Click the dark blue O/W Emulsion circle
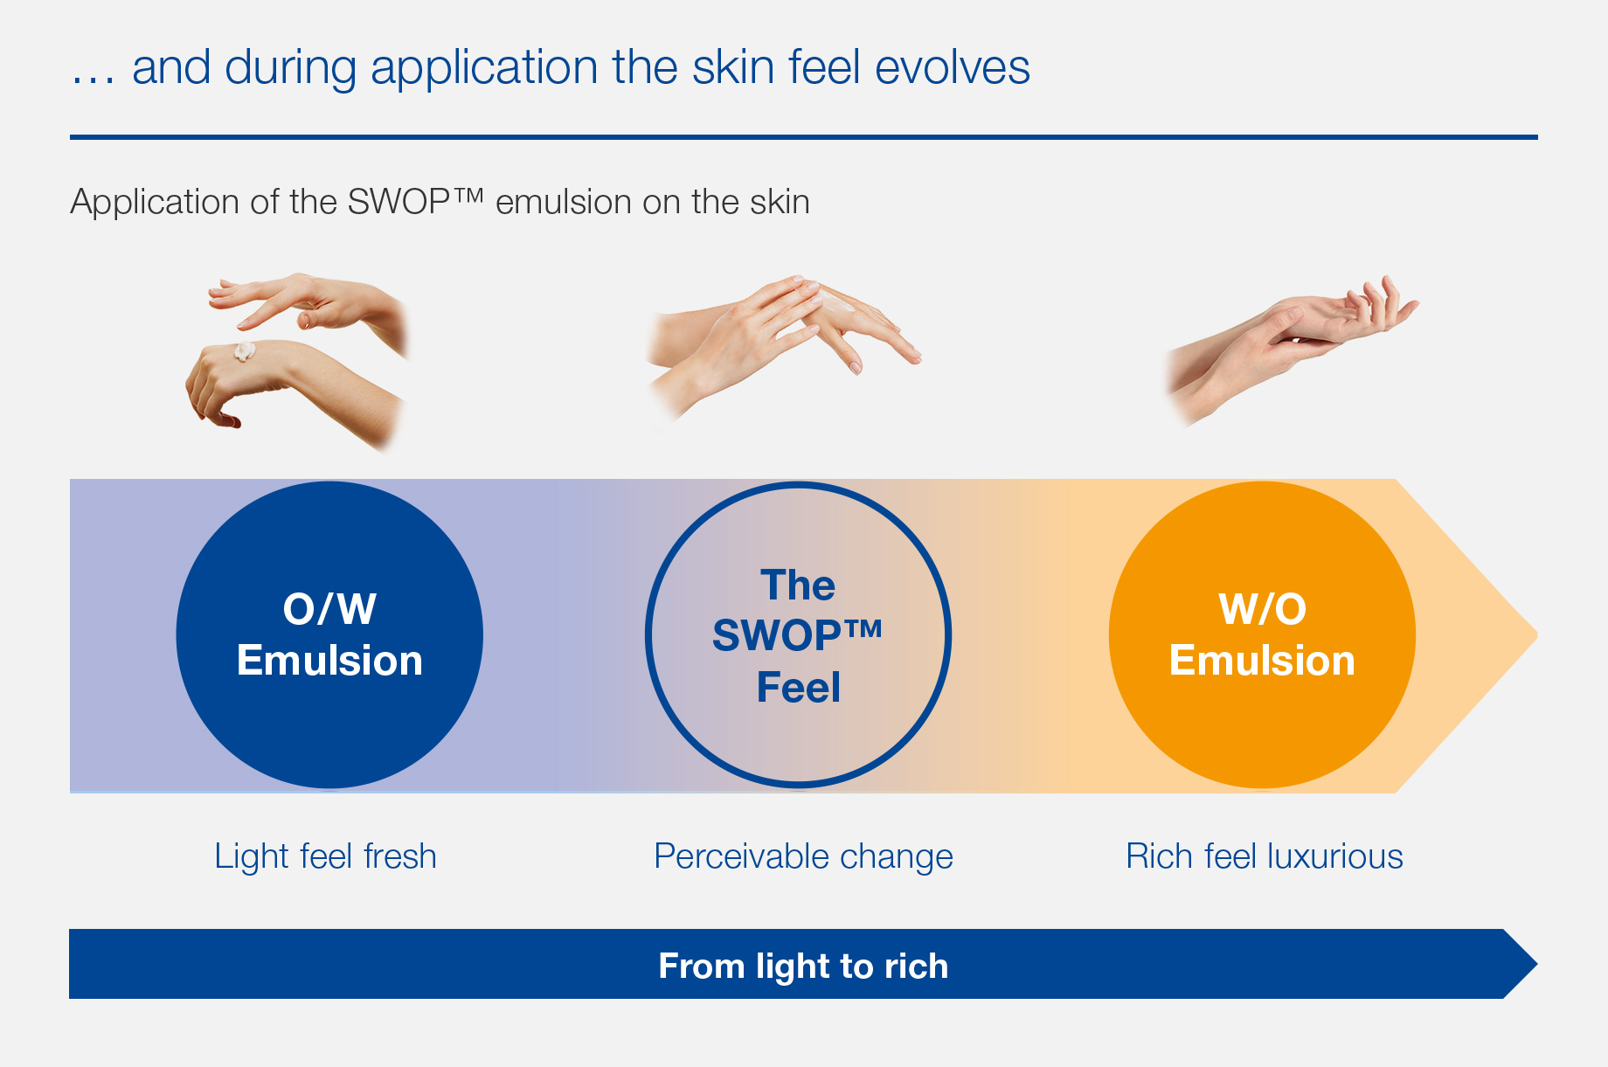329,634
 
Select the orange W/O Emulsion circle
1262,634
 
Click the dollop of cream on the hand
243,351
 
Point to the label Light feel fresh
325,856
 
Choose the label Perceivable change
803,856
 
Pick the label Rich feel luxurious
1264,856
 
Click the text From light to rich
803,966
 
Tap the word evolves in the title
953,68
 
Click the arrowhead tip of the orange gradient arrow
1536,635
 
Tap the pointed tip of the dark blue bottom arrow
1536,964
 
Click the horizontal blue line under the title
803,137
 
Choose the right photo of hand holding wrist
1292,350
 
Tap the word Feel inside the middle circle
798,687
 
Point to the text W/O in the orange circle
1262,609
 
